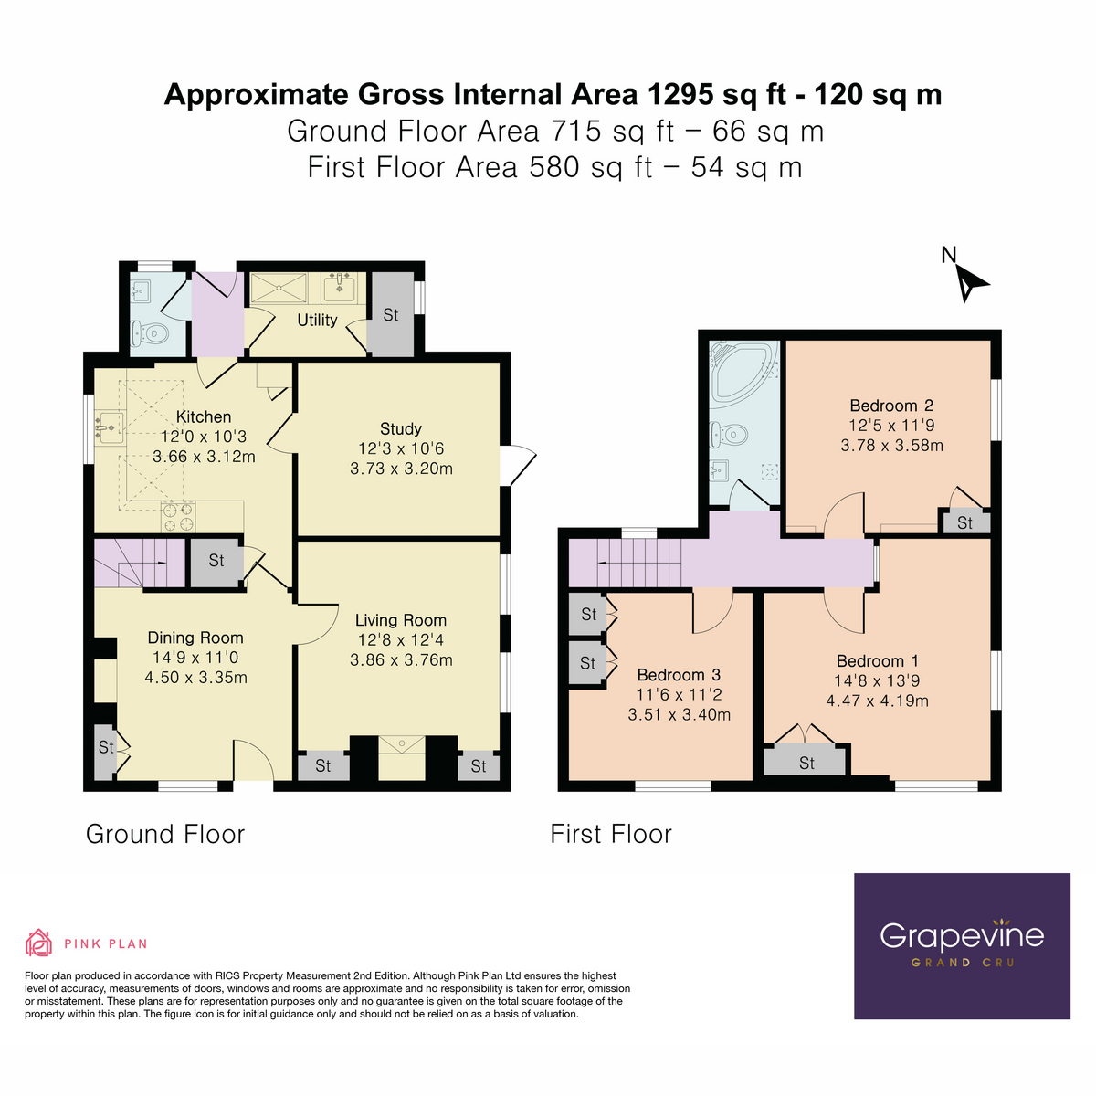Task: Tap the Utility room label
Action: pyautogui.click(x=317, y=321)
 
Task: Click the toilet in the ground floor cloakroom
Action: pyautogui.click(x=151, y=334)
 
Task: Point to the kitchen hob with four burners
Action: pyautogui.click(x=178, y=517)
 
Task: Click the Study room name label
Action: pyautogui.click(x=401, y=429)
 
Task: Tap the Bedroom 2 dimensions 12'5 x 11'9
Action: pyautogui.click(x=891, y=426)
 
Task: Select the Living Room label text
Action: pyautogui.click(x=401, y=621)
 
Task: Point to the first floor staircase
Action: pyautogui.click(x=638, y=563)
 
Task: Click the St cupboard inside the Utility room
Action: pyautogui.click(x=390, y=316)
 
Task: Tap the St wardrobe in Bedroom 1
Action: pyautogui.click(x=806, y=763)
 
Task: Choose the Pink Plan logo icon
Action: pyautogui.click(x=38, y=943)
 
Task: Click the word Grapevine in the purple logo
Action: pyautogui.click(x=961, y=936)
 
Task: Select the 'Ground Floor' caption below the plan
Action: pyautogui.click(x=165, y=835)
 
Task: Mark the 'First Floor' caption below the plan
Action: pyautogui.click(x=611, y=835)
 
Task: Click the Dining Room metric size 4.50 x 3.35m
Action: pyautogui.click(x=195, y=678)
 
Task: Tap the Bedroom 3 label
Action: pyautogui.click(x=679, y=675)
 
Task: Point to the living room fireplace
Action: pyautogui.click(x=401, y=757)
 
